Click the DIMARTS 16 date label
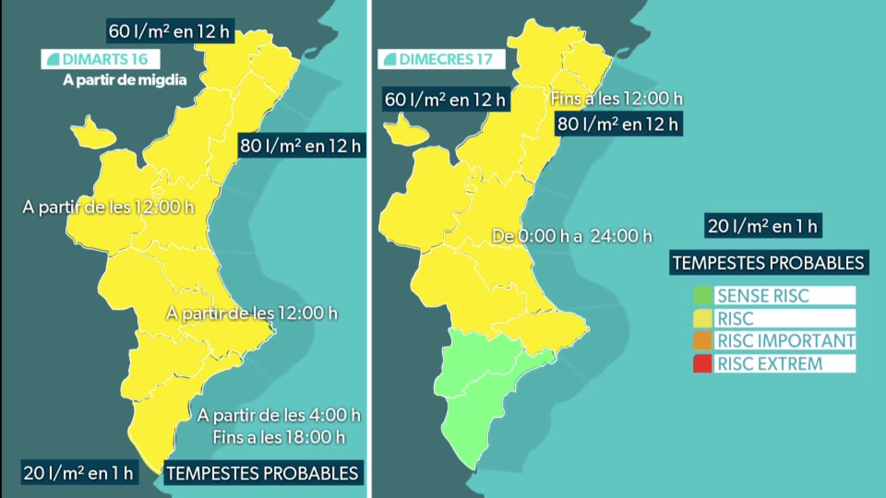pos(100,59)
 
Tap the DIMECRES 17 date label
pos(441,59)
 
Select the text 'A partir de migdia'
pos(125,80)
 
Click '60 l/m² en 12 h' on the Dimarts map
pos(169,31)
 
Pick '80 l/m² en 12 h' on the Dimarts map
pos(301,146)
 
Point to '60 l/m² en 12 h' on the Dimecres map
pos(445,100)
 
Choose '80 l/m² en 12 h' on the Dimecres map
pos(618,124)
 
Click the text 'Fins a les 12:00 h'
pos(616,98)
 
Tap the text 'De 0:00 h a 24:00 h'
pos(572,236)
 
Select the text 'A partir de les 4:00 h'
pos(279,415)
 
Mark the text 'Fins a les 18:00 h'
pos(279,438)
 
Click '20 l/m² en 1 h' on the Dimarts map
pos(79,473)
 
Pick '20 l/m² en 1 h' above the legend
pos(763,226)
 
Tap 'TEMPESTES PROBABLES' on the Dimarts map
pos(262,474)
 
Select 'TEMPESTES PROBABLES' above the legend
pos(769,262)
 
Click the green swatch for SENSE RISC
pos(702,295)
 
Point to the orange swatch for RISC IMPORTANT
pos(702,341)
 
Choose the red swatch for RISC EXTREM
pos(702,364)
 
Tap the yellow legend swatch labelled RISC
pos(702,319)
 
